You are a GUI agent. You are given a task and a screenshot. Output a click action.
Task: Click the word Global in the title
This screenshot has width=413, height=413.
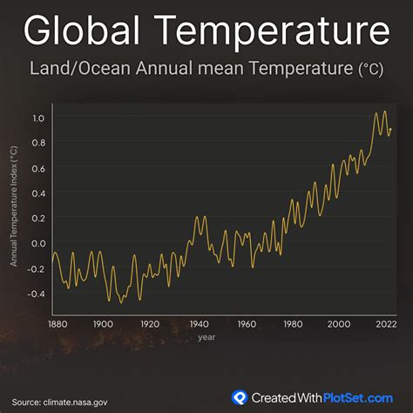[82, 30]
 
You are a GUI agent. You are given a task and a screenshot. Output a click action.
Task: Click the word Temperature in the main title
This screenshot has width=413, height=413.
[272, 32]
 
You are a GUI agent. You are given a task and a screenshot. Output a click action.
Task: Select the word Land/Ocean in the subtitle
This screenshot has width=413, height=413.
[80, 69]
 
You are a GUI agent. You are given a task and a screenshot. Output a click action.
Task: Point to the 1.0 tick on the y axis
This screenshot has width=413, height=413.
[38, 118]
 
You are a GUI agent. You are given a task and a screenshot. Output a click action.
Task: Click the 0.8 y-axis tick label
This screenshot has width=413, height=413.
[38, 143]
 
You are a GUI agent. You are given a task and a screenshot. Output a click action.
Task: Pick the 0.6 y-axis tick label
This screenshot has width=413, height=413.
[38, 168]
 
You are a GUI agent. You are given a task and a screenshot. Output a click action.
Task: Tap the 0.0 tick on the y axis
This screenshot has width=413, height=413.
[38, 243]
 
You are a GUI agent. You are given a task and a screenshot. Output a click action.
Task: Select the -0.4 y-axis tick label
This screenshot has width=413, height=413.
[37, 294]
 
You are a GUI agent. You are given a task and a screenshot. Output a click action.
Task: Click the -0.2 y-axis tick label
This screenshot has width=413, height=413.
[37, 268]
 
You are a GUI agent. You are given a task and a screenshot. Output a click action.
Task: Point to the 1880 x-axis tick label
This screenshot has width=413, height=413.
[58, 324]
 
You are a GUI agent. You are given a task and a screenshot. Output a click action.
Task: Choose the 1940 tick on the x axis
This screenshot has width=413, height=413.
[199, 324]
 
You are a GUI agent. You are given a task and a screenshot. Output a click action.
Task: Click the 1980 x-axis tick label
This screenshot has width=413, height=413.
[293, 324]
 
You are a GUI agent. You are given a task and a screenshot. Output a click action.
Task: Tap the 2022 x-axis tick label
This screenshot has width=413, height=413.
[386, 324]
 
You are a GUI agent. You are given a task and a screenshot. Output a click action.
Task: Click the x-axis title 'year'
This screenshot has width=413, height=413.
[206, 337]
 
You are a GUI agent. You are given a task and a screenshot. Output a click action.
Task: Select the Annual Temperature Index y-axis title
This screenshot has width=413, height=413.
[14, 206]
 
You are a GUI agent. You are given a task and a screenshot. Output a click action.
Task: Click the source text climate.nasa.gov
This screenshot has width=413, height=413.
[75, 403]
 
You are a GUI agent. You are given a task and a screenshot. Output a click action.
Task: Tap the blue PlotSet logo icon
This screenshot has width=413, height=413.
[240, 397]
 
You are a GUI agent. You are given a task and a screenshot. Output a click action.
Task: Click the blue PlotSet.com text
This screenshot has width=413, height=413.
[358, 398]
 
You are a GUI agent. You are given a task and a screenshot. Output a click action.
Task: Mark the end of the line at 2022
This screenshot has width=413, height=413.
[391, 129]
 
